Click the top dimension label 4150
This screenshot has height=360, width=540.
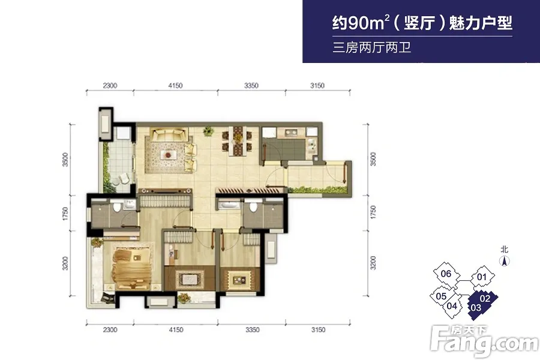point(175,85)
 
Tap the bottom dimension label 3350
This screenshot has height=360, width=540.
point(252,329)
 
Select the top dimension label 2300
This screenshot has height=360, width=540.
point(110,85)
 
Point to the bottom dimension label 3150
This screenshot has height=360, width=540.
point(318,329)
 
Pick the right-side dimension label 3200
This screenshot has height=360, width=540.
point(373,263)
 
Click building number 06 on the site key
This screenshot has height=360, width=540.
point(446,274)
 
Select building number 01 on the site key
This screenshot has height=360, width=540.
point(481,277)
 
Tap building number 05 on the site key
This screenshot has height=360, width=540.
point(441,296)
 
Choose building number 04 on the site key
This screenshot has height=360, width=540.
point(452,305)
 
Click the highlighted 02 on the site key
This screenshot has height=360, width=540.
point(485,298)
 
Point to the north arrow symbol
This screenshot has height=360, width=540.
point(505,261)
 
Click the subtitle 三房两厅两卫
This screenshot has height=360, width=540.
point(372,47)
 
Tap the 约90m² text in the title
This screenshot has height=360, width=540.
point(361,23)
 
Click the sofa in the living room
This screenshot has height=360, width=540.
point(169,134)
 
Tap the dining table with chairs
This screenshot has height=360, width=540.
point(237,140)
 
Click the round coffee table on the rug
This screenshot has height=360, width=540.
point(168,155)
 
